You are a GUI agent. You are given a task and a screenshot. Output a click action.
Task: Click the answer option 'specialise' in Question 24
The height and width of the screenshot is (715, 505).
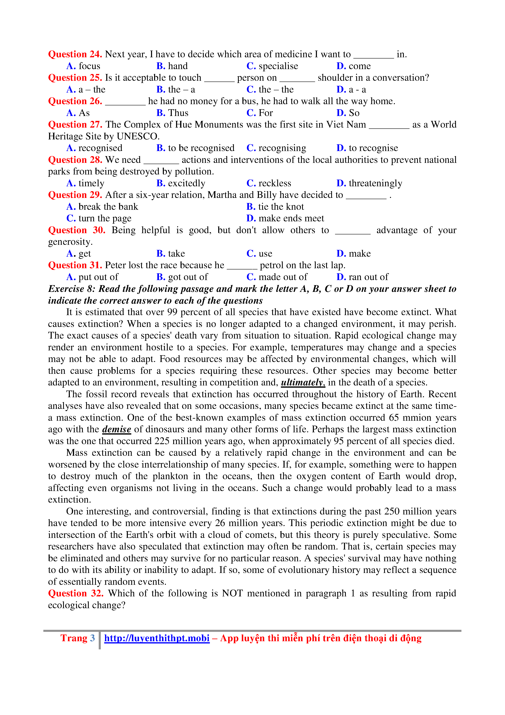(278, 66)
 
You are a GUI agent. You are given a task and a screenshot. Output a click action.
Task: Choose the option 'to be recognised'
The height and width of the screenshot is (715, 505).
(201, 148)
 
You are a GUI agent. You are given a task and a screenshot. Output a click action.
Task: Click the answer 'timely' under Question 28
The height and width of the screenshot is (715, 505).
(91, 183)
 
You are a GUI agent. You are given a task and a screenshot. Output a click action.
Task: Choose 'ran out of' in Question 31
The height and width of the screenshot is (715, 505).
(368, 277)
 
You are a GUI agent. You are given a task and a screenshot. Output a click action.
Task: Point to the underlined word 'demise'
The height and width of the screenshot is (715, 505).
(117, 429)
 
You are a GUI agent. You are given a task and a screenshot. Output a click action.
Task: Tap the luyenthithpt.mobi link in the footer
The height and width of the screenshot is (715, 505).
(157, 638)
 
